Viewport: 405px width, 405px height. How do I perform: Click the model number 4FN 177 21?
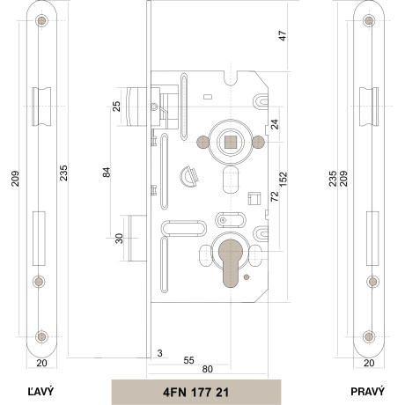pyautogui.click(x=195, y=393)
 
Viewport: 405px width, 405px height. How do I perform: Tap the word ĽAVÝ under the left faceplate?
pyautogui.click(x=41, y=391)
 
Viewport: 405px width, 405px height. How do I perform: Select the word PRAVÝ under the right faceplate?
pyautogui.click(x=367, y=391)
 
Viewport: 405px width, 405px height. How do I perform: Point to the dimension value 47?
pyautogui.click(x=283, y=35)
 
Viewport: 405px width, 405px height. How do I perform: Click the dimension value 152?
pyautogui.click(x=283, y=180)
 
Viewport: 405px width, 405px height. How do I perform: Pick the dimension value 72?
pyautogui.click(x=275, y=196)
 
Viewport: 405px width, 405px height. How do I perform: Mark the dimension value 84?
pyautogui.click(x=107, y=173)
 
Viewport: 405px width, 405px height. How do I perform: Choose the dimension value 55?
pyautogui.click(x=188, y=360)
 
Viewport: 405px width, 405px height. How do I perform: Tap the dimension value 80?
pyautogui.click(x=207, y=369)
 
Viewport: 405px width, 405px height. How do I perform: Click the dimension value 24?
pyautogui.click(x=275, y=124)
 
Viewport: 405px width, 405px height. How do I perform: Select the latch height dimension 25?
pyautogui.click(x=116, y=107)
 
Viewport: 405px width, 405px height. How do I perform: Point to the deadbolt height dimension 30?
pyautogui.click(x=119, y=239)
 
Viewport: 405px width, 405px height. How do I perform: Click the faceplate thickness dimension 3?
pyautogui.click(x=159, y=353)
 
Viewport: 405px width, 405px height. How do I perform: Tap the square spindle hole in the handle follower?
pyautogui.click(x=231, y=143)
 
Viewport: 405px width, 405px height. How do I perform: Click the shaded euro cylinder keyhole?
pyautogui.click(x=231, y=263)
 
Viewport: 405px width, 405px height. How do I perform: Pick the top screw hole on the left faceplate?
pyautogui.click(x=41, y=20)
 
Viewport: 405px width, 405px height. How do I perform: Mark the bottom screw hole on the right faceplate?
pyautogui.click(x=369, y=336)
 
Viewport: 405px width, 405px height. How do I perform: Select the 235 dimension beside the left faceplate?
pyautogui.click(x=63, y=173)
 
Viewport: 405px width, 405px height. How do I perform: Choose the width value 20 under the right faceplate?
pyautogui.click(x=369, y=363)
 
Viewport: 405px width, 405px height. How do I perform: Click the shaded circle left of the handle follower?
pyautogui.click(x=202, y=142)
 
